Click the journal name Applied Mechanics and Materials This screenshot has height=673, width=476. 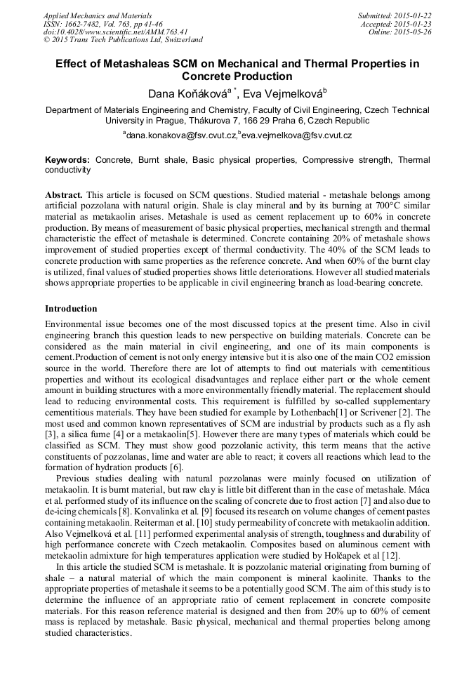98,15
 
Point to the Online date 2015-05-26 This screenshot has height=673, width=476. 415,32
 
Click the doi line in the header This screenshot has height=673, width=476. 115,32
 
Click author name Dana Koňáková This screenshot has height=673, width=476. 187,94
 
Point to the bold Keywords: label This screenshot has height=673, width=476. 67,160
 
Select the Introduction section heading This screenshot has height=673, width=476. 71,309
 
